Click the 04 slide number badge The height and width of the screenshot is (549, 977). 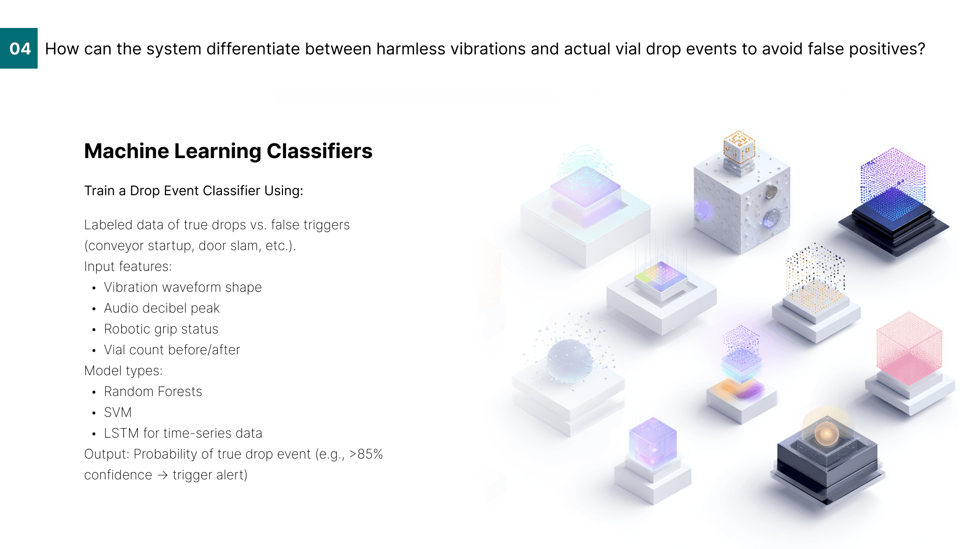pyautogui.click(x=19, y=48)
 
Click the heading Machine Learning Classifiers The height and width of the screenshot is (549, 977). pyautogui.click(x=228, y=151)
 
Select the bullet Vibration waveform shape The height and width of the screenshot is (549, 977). pyautogui.click(x=183, y=287)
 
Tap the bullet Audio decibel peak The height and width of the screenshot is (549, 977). pyautogui.click(x=162, y=308)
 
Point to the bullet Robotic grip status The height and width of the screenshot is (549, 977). pyautogui.click(x=161, y=329)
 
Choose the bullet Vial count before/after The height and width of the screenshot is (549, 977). pyautogui.click(x=172, y=350)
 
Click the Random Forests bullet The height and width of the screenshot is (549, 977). pyautogui.click(x=153, y=391)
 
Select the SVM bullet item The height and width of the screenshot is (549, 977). pyautogui.click(x=118, y=412)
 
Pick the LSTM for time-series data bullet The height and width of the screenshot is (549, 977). pyautogui.click(x=183, y=433)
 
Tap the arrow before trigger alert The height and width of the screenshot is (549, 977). pyautogui.click(x=162, y=475)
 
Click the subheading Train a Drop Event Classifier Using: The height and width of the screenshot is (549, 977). pyautogui.click(x=194, y=191)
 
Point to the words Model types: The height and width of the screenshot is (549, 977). pyautogui.click(x=124, y=371)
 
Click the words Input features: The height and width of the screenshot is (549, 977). pyautogui.click(x=128, y=266)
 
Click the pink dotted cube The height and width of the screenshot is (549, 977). pyautogui.click(x=909, y=348)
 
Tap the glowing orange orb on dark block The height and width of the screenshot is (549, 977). pyautogui.click(x=826, y=434)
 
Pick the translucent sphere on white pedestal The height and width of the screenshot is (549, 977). pyautogui.click(x=569, y=360)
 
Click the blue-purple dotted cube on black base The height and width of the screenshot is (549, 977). pyautogui.click(x=893, y=189)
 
